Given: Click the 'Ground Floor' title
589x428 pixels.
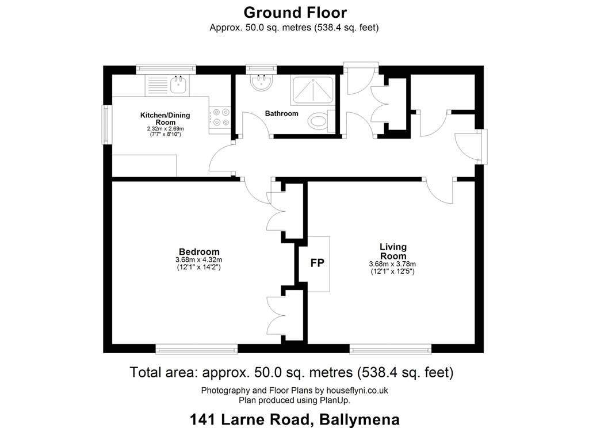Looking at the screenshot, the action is coord(295,13).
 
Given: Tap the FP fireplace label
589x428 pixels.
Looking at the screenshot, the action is coord(317,263).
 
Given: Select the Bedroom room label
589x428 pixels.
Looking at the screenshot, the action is coord(199,252).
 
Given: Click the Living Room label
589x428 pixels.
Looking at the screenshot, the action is coord(393,251).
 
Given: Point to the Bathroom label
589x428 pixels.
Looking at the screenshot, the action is coord(282,113).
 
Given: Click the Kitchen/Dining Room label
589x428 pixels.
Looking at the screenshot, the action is coord(165,119).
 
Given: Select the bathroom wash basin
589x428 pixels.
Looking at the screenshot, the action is coord(262,83).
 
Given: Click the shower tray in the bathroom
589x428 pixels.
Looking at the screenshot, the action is coord(312,90).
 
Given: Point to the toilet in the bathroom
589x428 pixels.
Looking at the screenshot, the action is coord(322,121).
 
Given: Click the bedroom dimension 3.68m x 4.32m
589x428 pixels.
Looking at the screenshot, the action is coord(198,259).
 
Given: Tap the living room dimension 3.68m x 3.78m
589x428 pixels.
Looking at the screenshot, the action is coord(392,264).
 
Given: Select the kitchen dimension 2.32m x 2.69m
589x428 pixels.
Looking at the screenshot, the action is coord(165,128).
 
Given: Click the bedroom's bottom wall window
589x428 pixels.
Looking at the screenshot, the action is coord(197,349).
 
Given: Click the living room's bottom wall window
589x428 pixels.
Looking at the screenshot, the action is coord(391,349).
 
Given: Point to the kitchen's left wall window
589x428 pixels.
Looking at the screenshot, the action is coord(106,125).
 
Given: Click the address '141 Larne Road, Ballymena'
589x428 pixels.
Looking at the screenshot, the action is coord(294,419).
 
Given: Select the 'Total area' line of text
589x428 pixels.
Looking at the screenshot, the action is coord(292,372).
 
